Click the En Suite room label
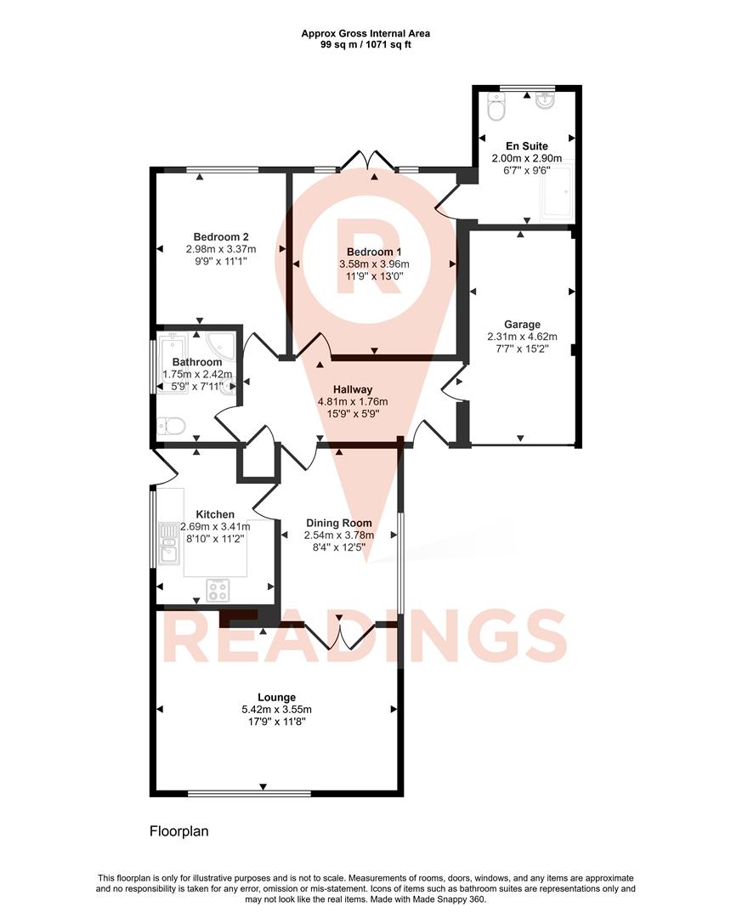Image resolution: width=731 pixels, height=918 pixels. pyautogui.click(x=526, y=146)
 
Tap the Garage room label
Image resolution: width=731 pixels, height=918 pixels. pyautogui.click(x=522, y=325)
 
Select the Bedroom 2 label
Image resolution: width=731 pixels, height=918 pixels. pyautogui.click(x=220, y=236)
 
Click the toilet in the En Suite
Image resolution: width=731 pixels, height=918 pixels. pyautogui.click(x=496, y=107)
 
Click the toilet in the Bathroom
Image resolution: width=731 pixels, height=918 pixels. pyautogui.click(x=169, y=424)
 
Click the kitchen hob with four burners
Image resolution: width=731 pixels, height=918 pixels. pyautogui.click(x=218, y=589)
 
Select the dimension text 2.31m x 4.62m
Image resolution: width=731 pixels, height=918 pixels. pyautogui.click(x=522, y=337)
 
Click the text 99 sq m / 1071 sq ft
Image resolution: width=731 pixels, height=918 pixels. pyautogui.click(x=365, y=44)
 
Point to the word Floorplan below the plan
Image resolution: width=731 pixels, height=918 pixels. pyautogui.click(x=178, y=831)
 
